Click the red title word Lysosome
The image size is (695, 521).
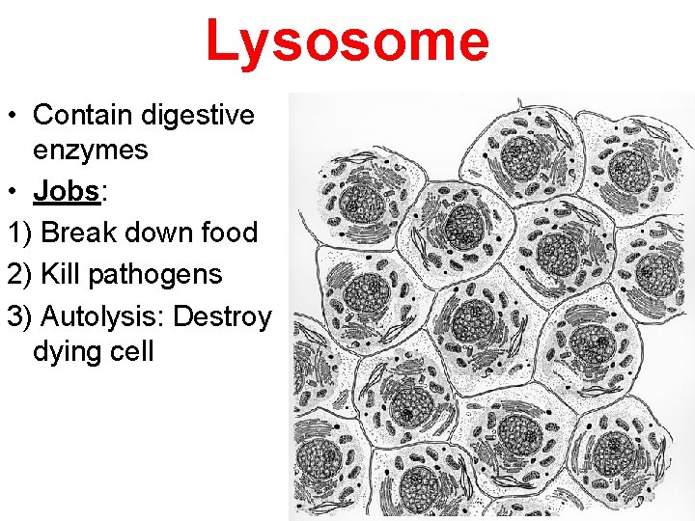coord(347,42)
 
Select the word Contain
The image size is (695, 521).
coord(84,115)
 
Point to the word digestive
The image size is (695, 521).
coord(198,115)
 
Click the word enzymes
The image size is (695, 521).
coord(90,150)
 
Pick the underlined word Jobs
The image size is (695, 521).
coord(67,191)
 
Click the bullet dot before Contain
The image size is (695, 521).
coord(15,116)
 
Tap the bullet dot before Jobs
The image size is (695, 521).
coord(15,192)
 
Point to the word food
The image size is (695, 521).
coord(228,233)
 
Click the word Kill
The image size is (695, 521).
coord(60,274)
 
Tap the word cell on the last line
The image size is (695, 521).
coord(131,350)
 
